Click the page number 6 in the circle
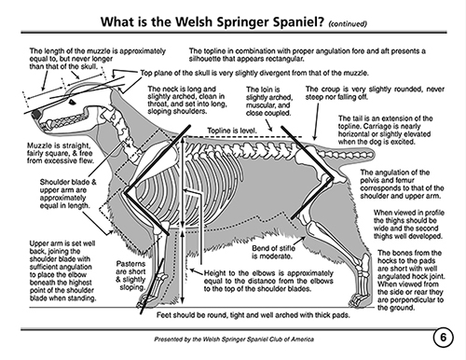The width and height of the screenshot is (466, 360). pyautogui.click(x=443, y=337)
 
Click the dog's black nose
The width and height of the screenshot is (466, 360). pyautogui.click(x=36, y=114)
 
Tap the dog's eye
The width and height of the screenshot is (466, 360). pyautogui.click(x=72, y=102)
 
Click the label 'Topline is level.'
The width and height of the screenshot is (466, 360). pyautogui.click(x=232, y=131)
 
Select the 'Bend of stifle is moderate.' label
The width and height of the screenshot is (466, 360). pyautogui.click(x=273, y=252)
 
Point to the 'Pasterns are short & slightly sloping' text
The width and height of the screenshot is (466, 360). pyautogui.click(x=130, y=275)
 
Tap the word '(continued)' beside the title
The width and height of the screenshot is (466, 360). pyautogui.click(x=348, y=23)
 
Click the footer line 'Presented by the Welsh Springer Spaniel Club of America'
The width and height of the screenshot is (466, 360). pyautogui.click(x=234, y=339)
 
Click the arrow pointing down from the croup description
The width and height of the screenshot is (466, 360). pyautogui.click(x=316, y=121)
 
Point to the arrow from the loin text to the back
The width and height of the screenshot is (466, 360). pyautogui.click(x=268, y=125)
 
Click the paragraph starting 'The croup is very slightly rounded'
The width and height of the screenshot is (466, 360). pyautogui.click(x=375, y=93)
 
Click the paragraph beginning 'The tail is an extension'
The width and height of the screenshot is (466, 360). pyautogui.click(x=385, y=130)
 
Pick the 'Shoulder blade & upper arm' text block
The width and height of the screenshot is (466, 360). pyautogui.click(x=68, y=194)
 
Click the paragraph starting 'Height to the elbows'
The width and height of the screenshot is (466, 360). pyautogui.click(x=268, y=281)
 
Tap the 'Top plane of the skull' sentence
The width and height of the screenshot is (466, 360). pyautogui.click(x=254, y=73)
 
